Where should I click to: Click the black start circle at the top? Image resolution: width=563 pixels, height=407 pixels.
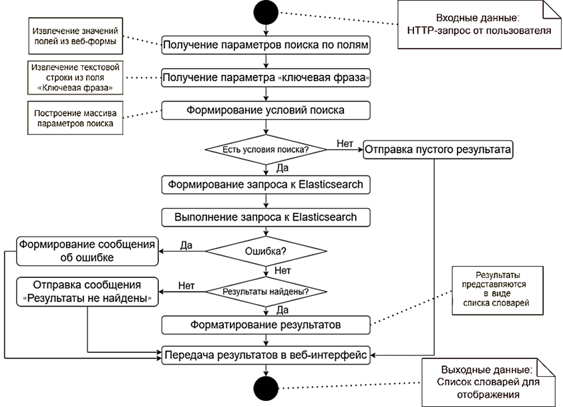click(x=266, y=13)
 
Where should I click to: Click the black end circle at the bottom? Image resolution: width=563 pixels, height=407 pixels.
click(x=266, y=388)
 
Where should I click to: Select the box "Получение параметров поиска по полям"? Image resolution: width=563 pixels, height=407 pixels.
click(x=266, y=45)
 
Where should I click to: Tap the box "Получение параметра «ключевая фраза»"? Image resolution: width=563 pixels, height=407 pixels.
click(x=266, y=78)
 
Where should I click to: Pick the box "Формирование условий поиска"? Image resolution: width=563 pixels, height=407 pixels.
click(x=266, y=110)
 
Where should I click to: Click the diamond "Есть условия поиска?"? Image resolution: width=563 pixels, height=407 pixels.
click(x=266, y=149)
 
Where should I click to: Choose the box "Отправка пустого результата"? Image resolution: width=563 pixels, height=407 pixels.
click(x=438, y=150)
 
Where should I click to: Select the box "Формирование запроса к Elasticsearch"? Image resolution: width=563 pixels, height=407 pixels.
click(x=266, y=184)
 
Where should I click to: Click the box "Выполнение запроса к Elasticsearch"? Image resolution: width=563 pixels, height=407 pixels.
click(x=266, y=217)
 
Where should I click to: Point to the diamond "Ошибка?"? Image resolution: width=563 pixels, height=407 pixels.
click(x=266, y=253)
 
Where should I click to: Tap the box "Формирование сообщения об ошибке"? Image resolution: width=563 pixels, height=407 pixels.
click(x=86, y=250)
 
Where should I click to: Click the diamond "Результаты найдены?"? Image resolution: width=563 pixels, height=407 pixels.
click(x=266, y=292)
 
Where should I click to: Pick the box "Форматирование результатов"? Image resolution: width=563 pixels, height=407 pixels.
click(x=266, y=325)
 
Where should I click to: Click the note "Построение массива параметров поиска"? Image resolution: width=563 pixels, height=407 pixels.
click(x=74, y=118)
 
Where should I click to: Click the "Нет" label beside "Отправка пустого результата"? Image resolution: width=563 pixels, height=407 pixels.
click(x=345, y=143)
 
